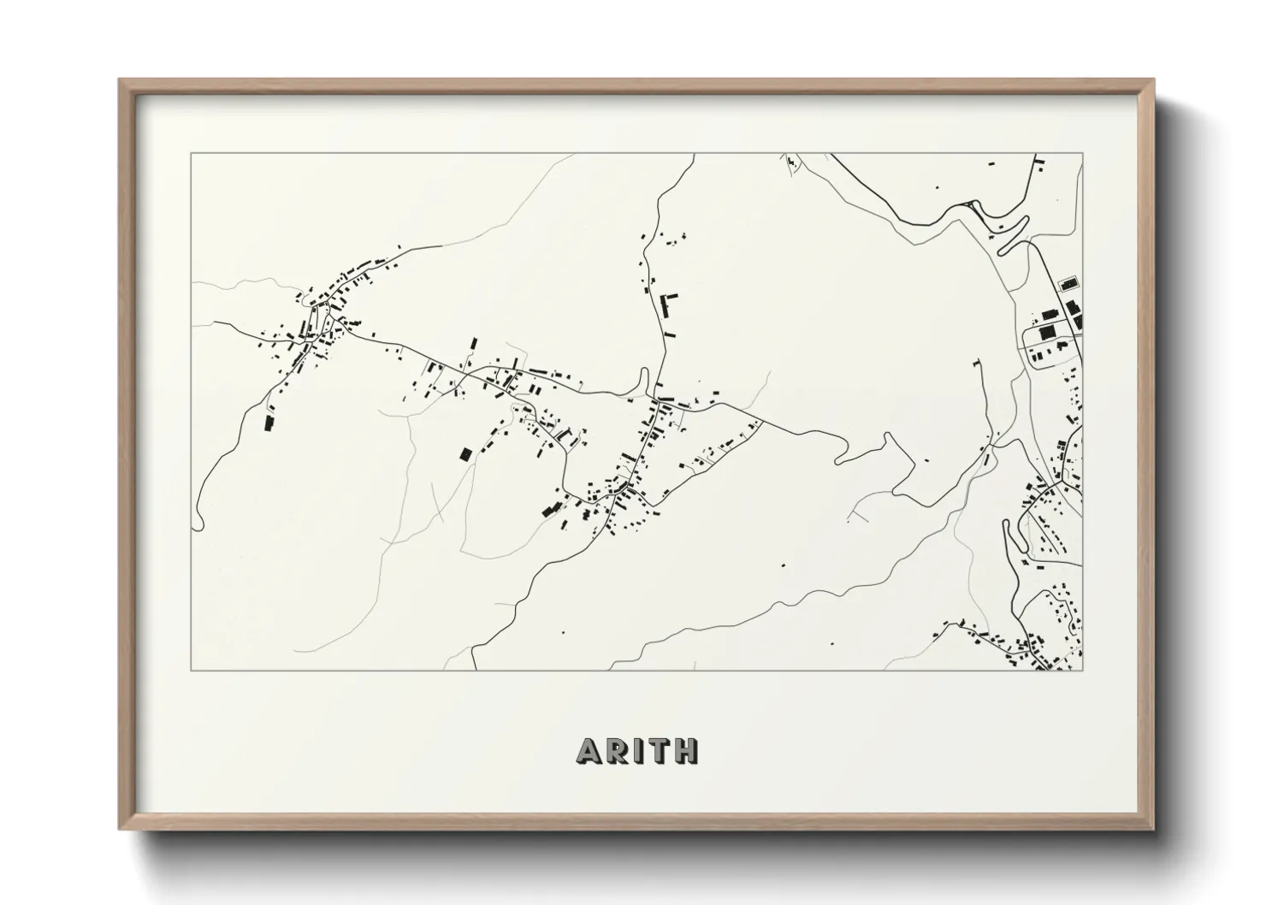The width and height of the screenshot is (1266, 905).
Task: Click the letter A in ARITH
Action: point(590,750)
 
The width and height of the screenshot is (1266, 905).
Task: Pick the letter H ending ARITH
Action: point(686,750)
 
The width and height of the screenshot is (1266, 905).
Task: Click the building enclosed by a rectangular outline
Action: point(1068,283)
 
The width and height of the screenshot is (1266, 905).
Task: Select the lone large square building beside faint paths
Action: point(466,454)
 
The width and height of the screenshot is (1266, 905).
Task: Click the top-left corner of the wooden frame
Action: point(121,81)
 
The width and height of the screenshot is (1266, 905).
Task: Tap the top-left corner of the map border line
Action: point(192,155)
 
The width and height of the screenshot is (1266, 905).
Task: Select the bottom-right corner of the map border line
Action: point(1082,670)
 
